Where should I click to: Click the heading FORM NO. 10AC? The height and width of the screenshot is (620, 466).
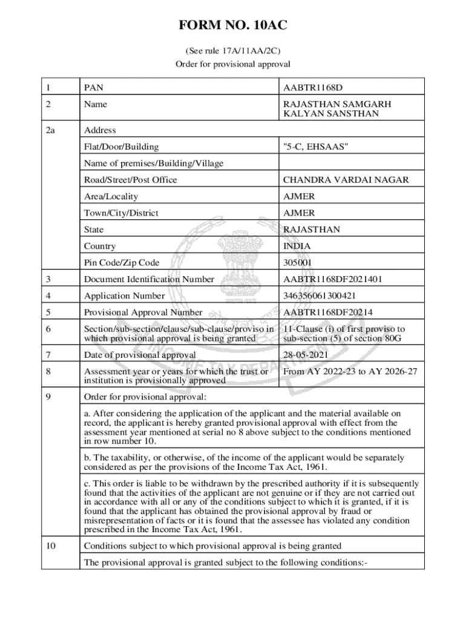point(232,25)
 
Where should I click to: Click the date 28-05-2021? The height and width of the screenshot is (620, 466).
point(307,355)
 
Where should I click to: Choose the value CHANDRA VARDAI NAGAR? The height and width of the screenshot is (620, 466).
point(346,180)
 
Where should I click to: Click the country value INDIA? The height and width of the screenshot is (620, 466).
point(297,246)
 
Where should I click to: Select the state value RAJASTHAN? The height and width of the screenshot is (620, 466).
point(312,229)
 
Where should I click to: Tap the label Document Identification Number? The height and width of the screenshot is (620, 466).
point(149,279)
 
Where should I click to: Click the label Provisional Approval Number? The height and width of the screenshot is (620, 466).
point(143,312)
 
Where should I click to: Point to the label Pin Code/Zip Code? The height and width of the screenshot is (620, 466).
point(122,263)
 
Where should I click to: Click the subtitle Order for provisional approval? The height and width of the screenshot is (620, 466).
point(233,64)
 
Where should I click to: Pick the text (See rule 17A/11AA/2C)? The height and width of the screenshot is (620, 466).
point(233,51)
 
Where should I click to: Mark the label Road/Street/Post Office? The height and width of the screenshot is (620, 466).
point(131,180)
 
